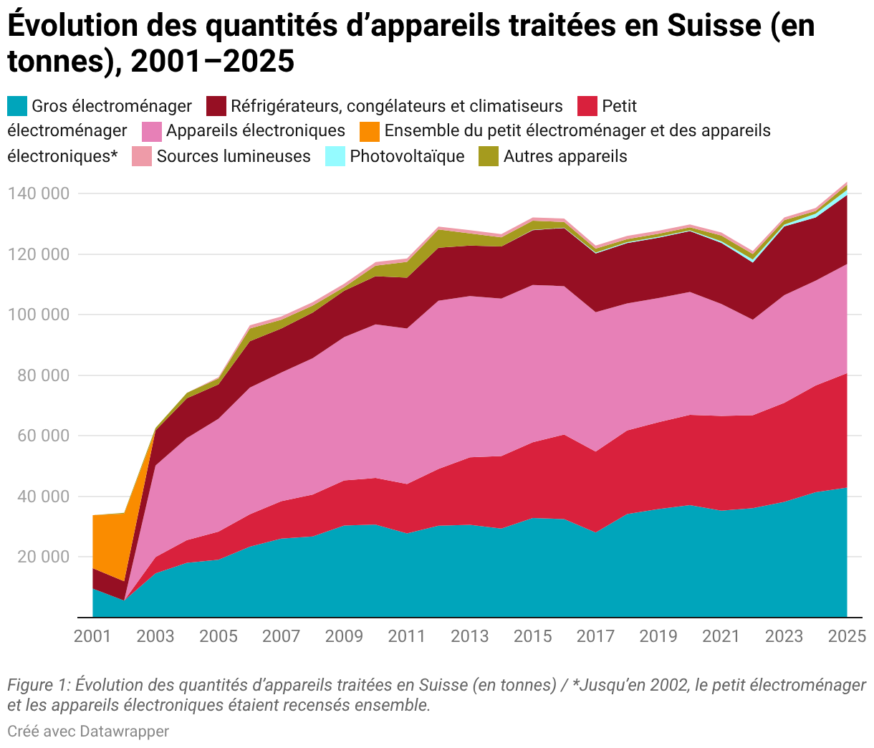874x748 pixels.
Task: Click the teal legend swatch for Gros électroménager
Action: point(17,106)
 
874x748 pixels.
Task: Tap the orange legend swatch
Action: point(370,132)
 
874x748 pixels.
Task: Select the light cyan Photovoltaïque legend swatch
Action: point(335,156)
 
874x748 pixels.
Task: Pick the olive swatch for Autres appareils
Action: point(489,156)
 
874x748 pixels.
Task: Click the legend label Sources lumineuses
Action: point(234,156)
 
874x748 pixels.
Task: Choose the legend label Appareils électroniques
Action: point(256,131)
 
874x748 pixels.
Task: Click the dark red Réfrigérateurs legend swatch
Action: point(216,106)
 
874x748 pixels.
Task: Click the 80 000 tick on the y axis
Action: point(43,375)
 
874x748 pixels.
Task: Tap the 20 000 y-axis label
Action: point(43,557)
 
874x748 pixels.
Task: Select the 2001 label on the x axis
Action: point(92,636)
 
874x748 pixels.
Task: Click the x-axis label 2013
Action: point(469,636)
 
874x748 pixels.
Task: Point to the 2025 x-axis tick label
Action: point(847,636)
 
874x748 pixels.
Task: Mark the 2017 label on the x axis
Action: point(595,636)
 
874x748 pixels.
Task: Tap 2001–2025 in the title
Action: point(212,61)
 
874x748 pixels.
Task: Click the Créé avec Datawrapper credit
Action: point(88,731)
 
